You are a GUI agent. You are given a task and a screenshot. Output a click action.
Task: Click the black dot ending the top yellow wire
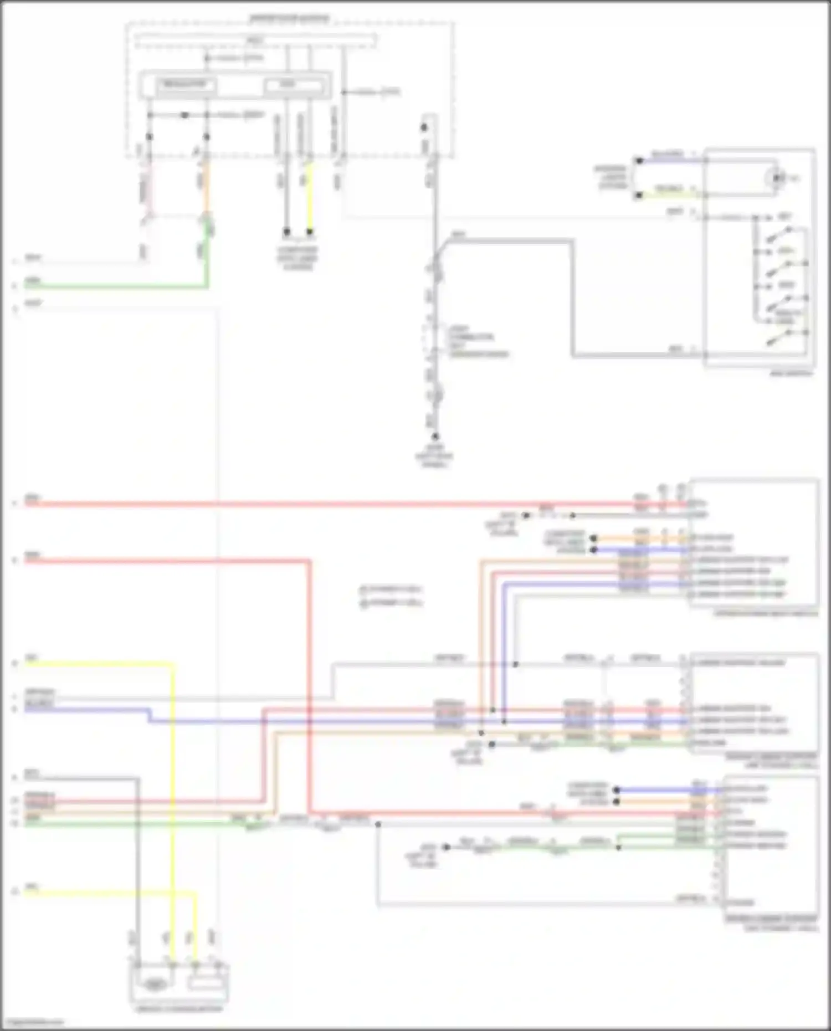point(310,232)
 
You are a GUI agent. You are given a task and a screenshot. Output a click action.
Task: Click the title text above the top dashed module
point(289,19)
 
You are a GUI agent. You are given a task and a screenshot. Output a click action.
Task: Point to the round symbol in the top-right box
point(777,178)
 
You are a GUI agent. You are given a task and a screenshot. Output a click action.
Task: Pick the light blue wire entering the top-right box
point(670,160)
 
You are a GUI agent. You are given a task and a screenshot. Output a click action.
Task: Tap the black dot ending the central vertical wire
point(435,437)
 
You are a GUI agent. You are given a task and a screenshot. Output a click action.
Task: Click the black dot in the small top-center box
point(424,127)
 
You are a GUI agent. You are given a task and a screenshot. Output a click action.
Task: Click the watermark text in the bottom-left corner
point(32,1023)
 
